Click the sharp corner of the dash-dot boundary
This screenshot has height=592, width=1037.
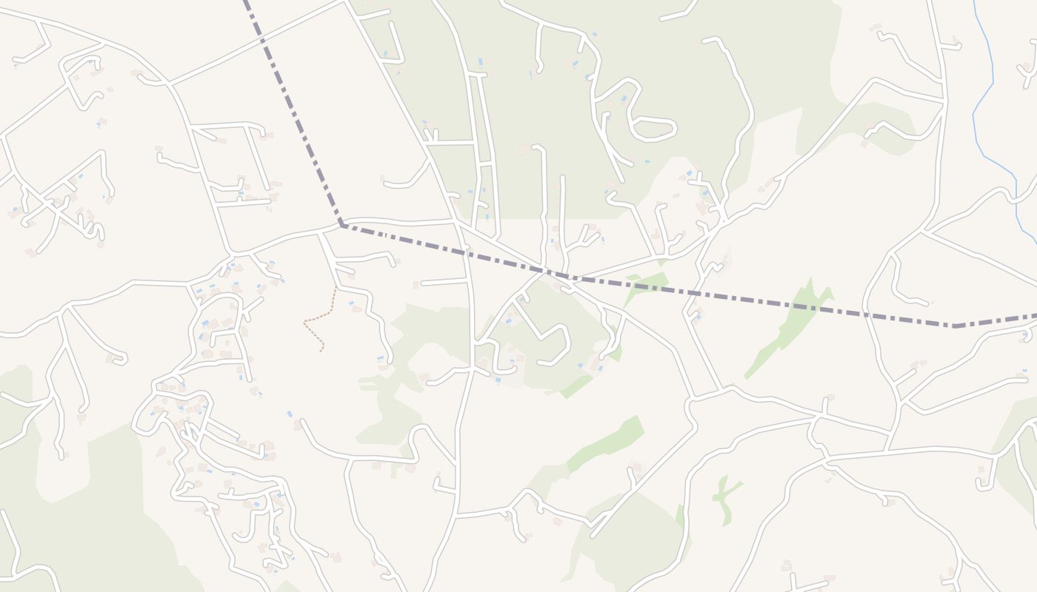341,224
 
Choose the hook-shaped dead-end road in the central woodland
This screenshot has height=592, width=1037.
552,344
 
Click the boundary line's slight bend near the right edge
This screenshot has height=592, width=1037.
954,326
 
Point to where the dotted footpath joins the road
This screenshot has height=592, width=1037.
336,289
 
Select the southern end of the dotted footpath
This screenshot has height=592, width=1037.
321,350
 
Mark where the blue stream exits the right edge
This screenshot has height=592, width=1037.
1035,243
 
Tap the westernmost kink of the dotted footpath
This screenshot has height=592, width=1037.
304,322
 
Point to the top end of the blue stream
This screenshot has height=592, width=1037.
973,2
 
